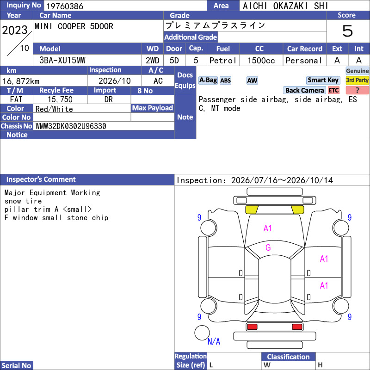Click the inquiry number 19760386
tap(65, 6)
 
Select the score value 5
tap(348, 31)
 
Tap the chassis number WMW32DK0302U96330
tap(71, 126)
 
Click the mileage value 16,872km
tap(21, 81)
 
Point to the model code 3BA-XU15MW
tap(62, 61)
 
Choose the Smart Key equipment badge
tap(323, 80)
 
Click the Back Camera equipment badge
tap(304, 90)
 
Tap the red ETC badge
tap(333, 90)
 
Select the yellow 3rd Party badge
tap(357, 80)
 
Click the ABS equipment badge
tap(225, 80)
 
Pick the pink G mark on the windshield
tap(268, 247)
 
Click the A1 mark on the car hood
tap(268, 228)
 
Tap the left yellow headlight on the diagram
tap(252, 210)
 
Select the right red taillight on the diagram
tap(297, 327)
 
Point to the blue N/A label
tap(214, 341)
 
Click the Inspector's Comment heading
tap(41, 179)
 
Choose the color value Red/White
tap(54, 109)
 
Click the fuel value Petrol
tap(223, 61)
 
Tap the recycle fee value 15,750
tap(60, 99)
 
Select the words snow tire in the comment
tap(23, 201)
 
